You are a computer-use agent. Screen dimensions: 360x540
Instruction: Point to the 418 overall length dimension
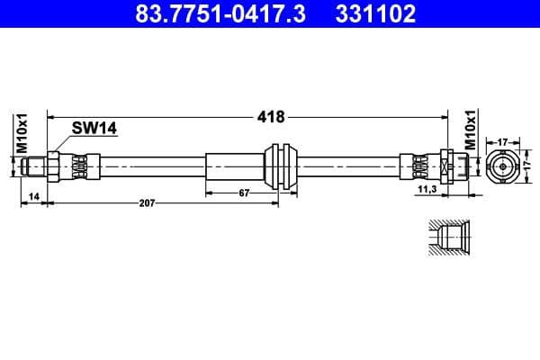(x=271, y=117)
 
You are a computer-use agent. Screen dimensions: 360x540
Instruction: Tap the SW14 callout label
(x=94, y=130)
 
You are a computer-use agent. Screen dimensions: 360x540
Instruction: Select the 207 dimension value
(x=148, y=203)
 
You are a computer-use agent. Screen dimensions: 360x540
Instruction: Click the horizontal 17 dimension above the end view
(x=501, y=140)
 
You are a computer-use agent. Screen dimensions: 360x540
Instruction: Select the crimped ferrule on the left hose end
(x=79, y=166)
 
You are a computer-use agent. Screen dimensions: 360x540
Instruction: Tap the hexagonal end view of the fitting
(x=501, y=166)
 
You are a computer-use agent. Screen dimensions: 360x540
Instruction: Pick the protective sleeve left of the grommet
(x=236, y=166)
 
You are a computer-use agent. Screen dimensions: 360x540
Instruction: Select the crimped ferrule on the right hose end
(x=419, y=166)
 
